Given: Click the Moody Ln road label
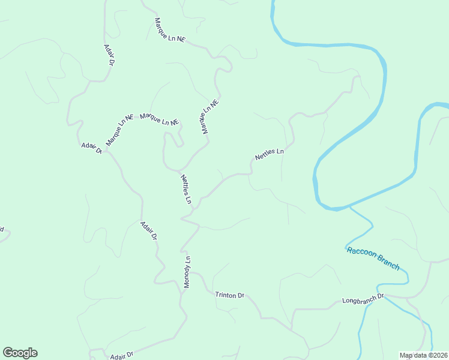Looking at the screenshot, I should [x=187, y=272].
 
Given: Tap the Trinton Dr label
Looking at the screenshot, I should [x=230, y=295].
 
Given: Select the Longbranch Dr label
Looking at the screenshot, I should [x=363, y=298].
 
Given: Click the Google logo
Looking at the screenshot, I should [x=20, y=353].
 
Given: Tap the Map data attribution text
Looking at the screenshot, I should [x=423, y=355].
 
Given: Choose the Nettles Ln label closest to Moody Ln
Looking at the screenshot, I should [x=185, y=188].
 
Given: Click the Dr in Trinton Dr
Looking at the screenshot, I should [x=241, y=296].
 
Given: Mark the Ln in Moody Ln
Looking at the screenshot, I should [x=187, y=260].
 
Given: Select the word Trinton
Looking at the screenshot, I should [x=225, y=295].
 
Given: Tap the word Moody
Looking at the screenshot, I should [x=187, y=277].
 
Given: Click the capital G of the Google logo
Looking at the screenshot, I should [x=8, y=353].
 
